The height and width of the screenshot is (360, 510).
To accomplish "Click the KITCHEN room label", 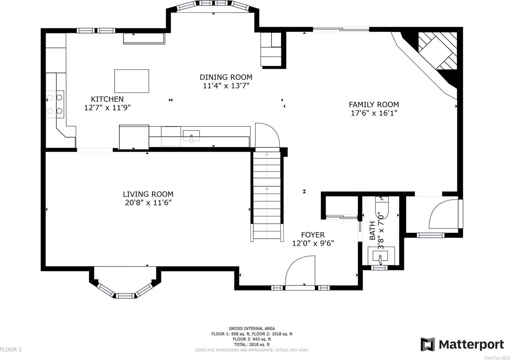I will pyautogui.click(x=107, y=99).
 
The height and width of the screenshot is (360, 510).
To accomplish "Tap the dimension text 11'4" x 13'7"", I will pyautogui.click(x=226, y=86).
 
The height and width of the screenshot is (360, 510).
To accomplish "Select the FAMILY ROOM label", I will pyautogui.click(x=374, y=105).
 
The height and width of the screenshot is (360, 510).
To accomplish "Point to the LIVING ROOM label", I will pyautogui.click(x=148, y=194).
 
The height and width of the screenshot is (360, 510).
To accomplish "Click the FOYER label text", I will pyautogui.click(x=313, y=235).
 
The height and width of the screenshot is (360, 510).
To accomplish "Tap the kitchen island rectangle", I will pyautogui.click(x=132, y=81).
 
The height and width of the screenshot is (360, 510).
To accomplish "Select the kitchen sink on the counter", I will pyautogui.click(x=191, y=136).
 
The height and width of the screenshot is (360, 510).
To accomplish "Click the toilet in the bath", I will pyautogui.click(x=382, y=209).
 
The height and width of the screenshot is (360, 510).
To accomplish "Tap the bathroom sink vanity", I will pyautogui.click(x=380, y=255).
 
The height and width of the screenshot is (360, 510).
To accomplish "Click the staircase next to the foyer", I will pyautogui.click(x=267, y=196).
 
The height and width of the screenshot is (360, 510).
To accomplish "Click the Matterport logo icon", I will pyautogui.click(x=427, y=344).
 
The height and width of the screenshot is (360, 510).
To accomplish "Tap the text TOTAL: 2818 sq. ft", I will pyautogui.click(x=251, y=344).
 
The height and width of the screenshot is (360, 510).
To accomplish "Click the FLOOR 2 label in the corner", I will pyautogui.click(x=11, y=349).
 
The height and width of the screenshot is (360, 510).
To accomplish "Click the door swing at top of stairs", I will pyautogui.click(x=267, y=136).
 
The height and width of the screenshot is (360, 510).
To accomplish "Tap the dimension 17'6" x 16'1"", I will pyautogui.click(x=374, y=113).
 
